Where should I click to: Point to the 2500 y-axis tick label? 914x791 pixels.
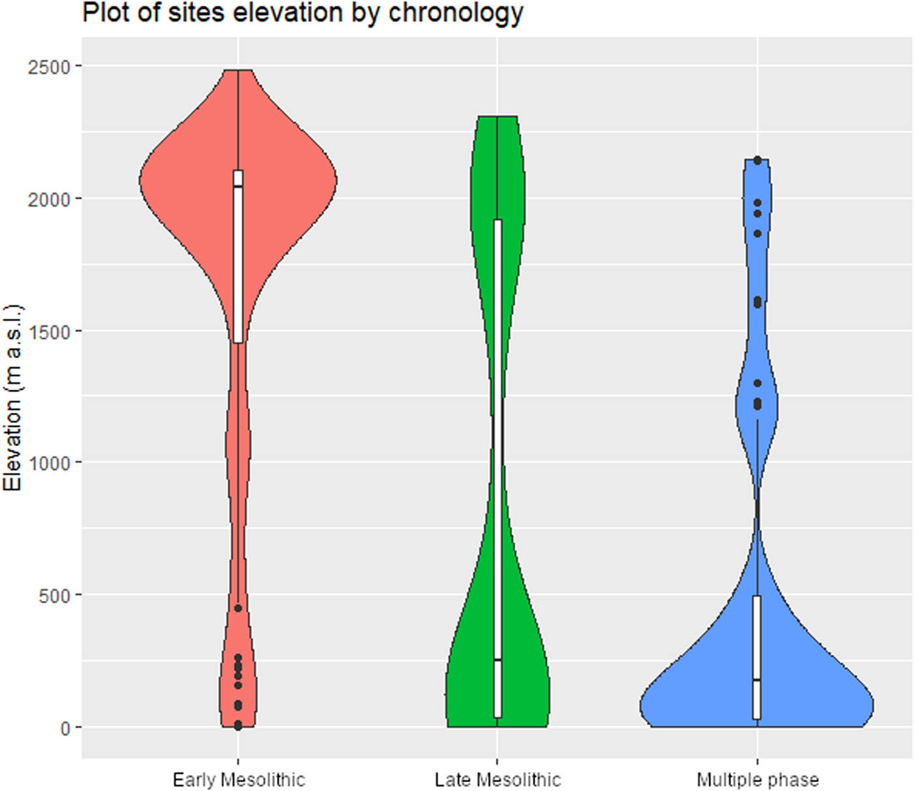click(x=49, y=67)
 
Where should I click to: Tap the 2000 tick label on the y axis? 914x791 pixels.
click(x=49, y=199)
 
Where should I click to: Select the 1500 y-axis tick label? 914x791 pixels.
click(x=49, y=331)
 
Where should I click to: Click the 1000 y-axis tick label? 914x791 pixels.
click(x=49, y=463)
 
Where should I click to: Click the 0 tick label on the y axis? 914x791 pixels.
click(x=65, y=728)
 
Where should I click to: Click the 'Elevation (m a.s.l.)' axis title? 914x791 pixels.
click(x=13, y=397)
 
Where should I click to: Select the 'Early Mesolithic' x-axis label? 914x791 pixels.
click(x=238, y=780)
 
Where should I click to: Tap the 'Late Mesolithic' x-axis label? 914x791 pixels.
click(x=497, y=780)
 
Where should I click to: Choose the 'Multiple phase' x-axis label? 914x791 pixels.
click(x=757, y=780)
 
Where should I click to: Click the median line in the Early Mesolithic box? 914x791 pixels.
click(x=238, y=187)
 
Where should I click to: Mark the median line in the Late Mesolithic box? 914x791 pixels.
click(x=497, y=660)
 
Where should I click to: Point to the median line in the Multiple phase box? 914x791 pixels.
click(x=757, y=680)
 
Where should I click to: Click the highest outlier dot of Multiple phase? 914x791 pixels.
click(x=757, y=160)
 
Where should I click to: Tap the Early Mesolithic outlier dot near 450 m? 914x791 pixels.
click(x=238, y=608)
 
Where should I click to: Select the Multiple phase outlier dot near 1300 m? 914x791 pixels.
click(x=757, y=383)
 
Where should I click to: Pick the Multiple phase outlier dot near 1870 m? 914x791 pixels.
click(x=757, y=233)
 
